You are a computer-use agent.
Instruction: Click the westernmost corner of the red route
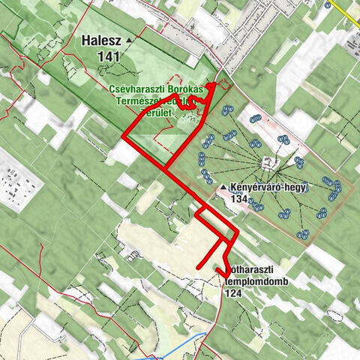coord(123,136)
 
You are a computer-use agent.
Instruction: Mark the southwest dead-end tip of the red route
coord(198,267)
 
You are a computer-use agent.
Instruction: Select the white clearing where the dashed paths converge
coord(266,162)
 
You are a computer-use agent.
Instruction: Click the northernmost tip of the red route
coord(213,85)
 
